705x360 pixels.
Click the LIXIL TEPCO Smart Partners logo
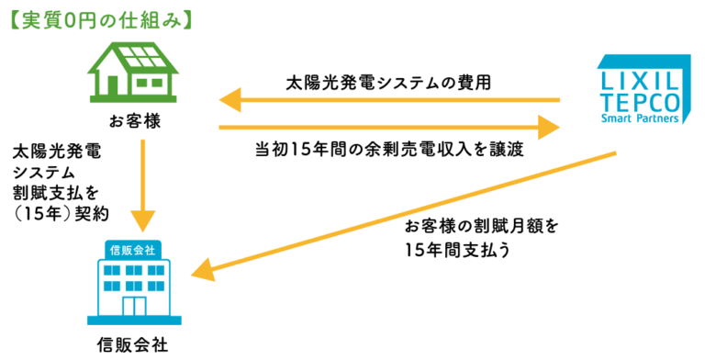[641, 90]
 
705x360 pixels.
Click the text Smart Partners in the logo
[641, 118]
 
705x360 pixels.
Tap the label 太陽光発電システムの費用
[388, 82]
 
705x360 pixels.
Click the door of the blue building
[134, 307]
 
